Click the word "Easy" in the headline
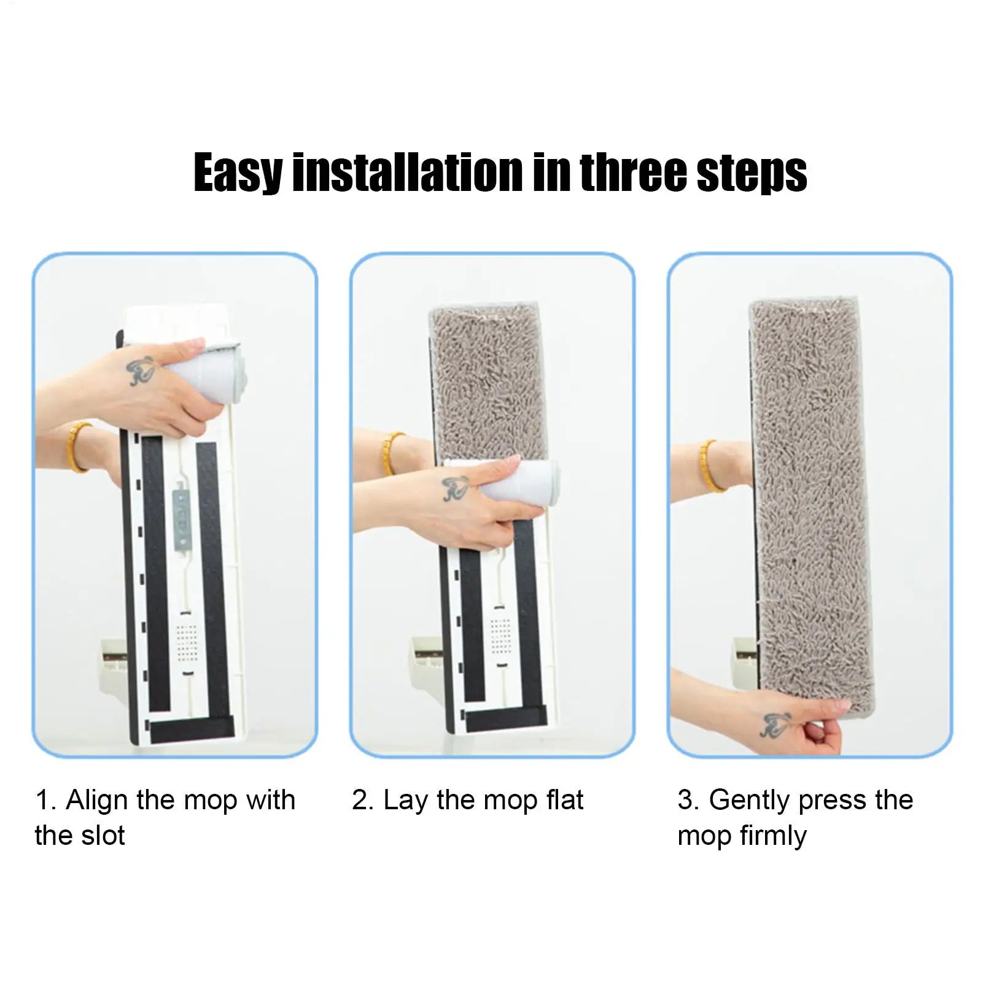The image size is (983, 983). pos(238,173)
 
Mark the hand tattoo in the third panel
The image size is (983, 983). pos(776,725)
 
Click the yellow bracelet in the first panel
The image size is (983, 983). pos(80,446)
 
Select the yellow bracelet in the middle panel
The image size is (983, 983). pos(392,453)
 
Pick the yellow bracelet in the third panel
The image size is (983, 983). pos(711,465)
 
